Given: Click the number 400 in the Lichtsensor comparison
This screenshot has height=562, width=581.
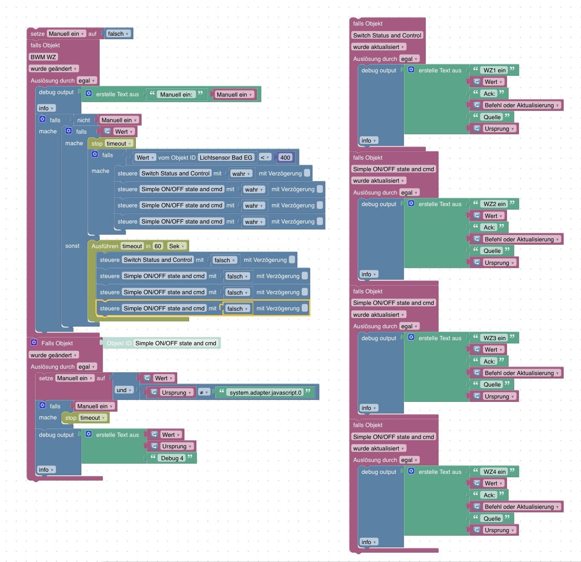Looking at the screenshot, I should pos(285,158).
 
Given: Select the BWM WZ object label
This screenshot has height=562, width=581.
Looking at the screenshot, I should pos(43,57).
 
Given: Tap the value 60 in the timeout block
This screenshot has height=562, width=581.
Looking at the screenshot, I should pos(158,246).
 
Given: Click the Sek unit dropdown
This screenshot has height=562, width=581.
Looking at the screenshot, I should pos(177,246).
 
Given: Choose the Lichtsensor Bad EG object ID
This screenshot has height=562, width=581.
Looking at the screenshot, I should pos(226,158).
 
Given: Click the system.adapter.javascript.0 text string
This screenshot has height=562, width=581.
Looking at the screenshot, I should pos(265,393).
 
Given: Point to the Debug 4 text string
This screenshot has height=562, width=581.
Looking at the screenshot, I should pos(172,458).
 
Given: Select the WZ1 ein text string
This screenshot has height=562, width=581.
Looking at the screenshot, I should pos(494,70).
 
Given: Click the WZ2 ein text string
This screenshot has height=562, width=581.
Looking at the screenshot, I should pos(494,204).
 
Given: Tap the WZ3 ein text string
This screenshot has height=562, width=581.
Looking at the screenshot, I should pos(494,338).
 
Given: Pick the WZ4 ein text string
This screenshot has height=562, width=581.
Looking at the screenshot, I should pos(494,472).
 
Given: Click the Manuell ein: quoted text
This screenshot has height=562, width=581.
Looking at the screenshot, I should pos(176,95).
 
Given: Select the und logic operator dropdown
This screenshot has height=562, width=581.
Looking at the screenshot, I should pos(124,390).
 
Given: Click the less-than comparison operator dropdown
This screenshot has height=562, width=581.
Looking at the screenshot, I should pos(265,158).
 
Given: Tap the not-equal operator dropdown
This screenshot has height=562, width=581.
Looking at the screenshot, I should pos(204,393).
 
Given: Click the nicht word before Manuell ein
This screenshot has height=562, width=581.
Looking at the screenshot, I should pos(83,120).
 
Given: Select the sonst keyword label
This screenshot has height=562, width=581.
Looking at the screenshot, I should pos(72,246).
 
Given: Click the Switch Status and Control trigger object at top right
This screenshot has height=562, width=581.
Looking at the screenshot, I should pos(387,35).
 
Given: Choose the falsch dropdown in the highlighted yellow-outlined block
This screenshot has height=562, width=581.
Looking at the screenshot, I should pos(237,309).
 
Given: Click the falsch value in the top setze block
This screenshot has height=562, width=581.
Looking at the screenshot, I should pos(118,34).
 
